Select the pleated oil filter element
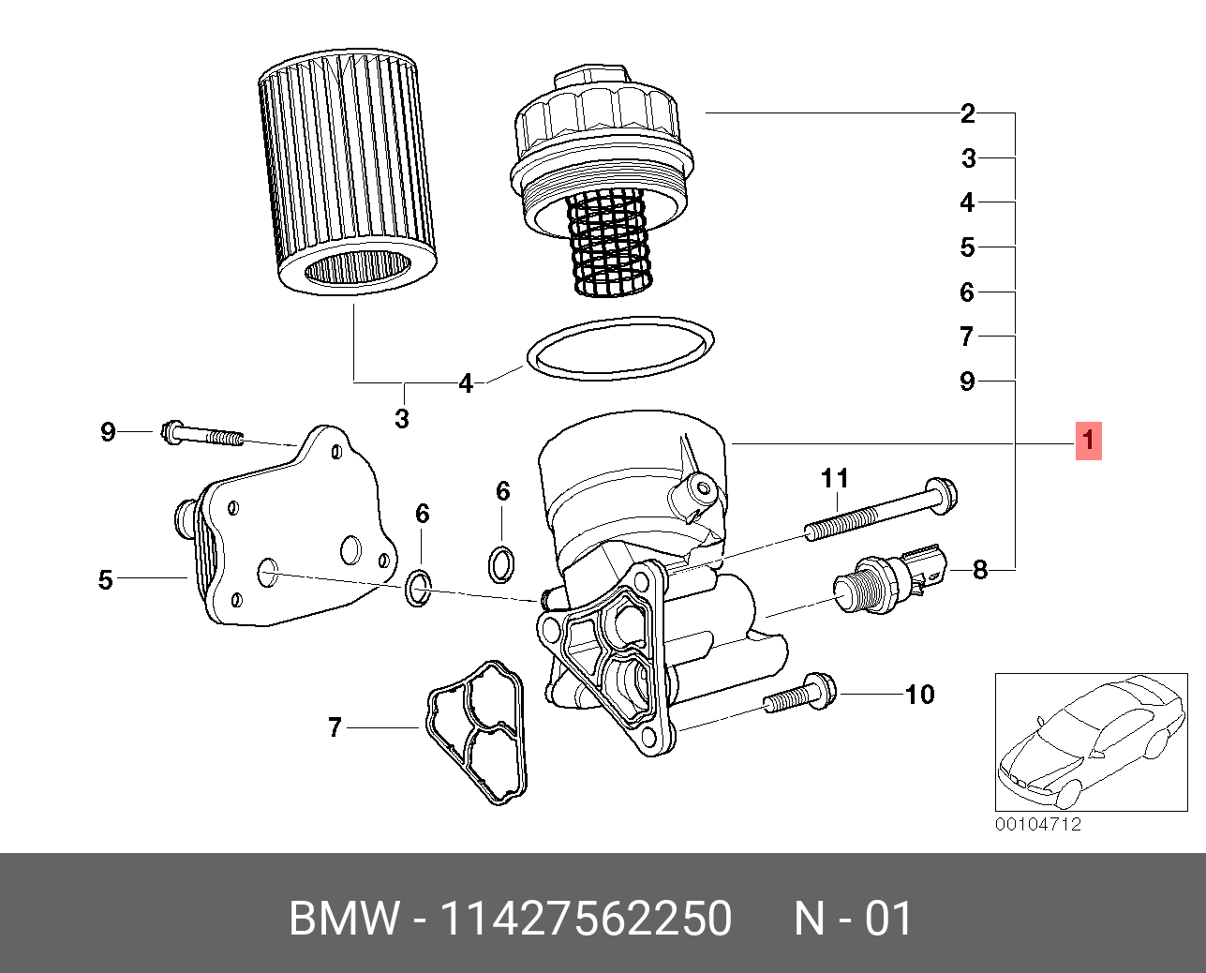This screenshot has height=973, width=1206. pos(349,169)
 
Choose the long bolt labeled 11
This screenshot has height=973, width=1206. pos(881,511)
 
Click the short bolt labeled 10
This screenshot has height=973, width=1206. pos(800,696)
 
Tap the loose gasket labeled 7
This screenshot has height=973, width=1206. pos(477,731)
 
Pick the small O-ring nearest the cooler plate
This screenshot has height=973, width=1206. pos(419,588)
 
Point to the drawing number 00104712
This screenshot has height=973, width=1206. pos(1037,825)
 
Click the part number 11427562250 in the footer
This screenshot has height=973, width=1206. pos(586,919)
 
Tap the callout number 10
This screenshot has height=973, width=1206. pos(919,695)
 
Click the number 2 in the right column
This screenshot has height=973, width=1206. pos(968,114)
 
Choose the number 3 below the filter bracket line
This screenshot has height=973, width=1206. pos(402,418)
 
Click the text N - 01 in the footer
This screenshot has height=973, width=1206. pos(853,919)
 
